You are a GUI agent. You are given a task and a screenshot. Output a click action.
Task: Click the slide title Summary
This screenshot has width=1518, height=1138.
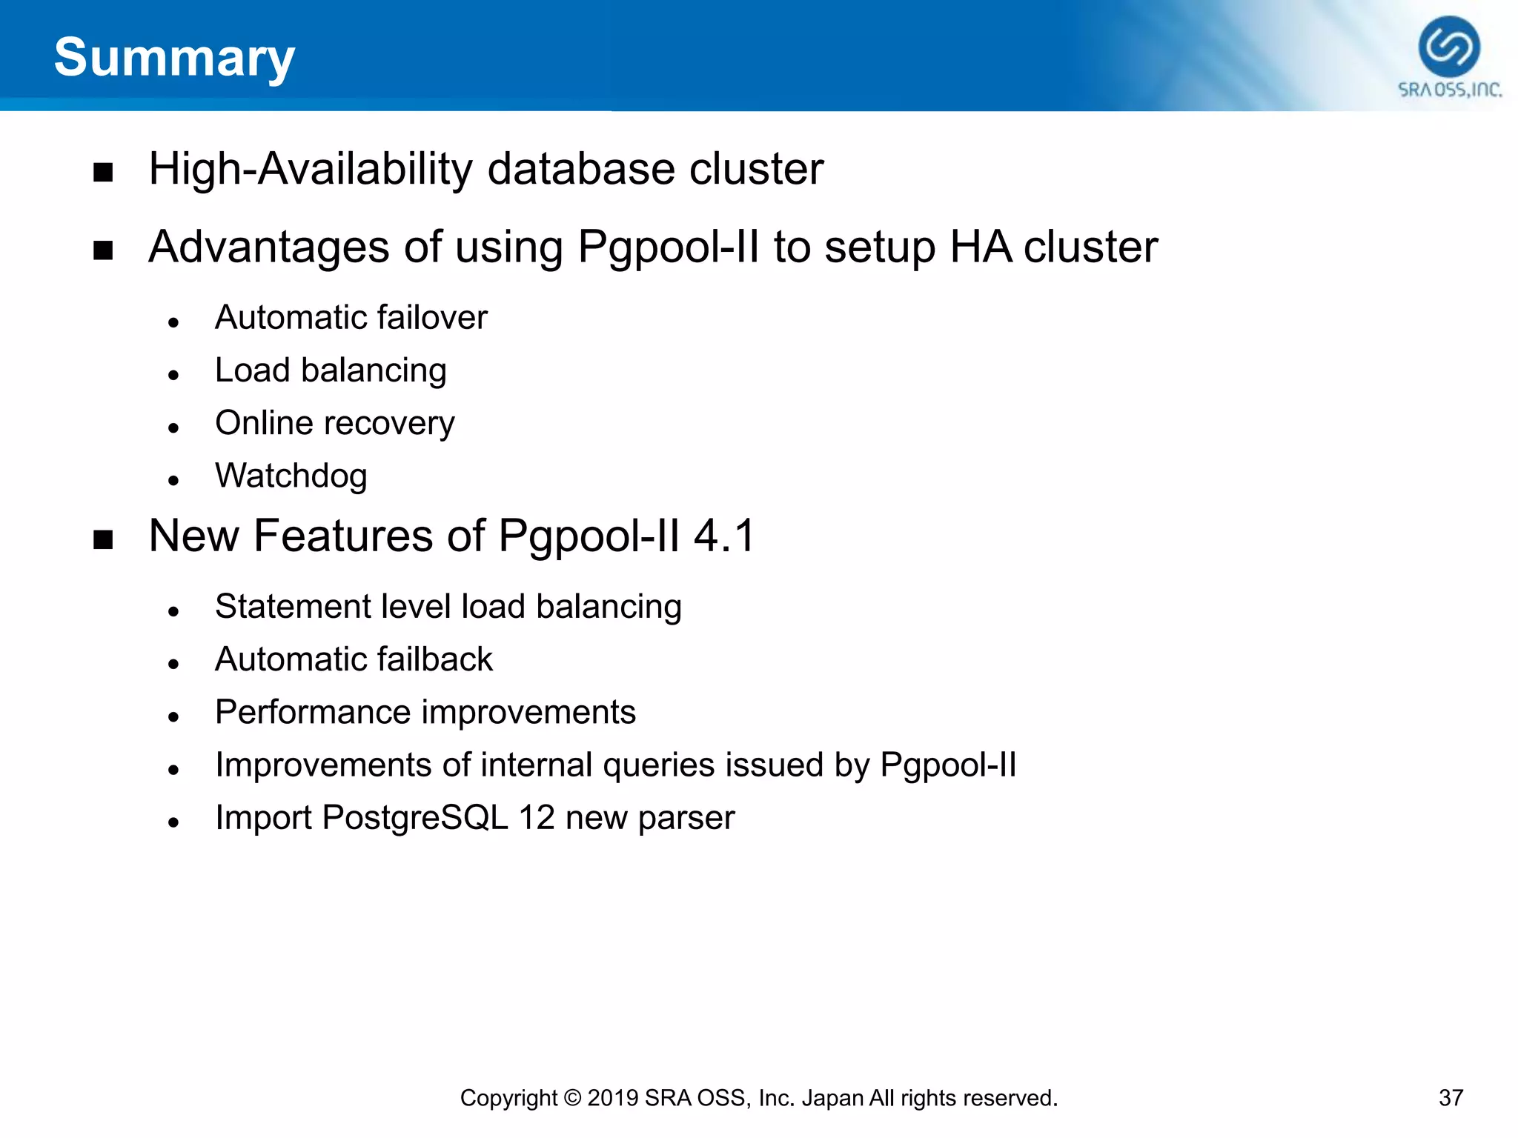pyautogui.click(x=174, y=58)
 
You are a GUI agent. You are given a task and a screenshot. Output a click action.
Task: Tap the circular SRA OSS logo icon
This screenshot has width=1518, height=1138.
pyautogui.click(x=1449, y=47)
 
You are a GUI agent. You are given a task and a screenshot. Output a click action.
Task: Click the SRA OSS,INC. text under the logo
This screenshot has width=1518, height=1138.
pyautogui.click(x=1450, y=90)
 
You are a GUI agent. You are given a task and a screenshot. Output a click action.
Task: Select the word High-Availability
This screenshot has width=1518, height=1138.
pyautogui.click(x=310, y=170)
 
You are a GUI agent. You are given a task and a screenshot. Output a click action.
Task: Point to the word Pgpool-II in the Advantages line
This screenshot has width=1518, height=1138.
pyautogui.click(x=668, y=247)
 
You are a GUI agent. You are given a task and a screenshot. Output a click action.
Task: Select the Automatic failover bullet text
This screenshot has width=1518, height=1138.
pyautogui.click(x=351, y=318)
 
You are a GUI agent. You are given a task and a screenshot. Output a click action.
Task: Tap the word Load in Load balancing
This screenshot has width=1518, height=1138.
pyautogui.click(x=252, y=370)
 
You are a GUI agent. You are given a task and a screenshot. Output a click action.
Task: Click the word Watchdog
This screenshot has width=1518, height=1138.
pyautogui.click(x=291, y=476)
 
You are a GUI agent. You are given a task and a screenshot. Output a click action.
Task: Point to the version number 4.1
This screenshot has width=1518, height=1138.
pyautogui.click(x=724, y=536)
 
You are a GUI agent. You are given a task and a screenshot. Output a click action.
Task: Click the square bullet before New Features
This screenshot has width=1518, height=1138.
pyautogui.click(x=103, y=539)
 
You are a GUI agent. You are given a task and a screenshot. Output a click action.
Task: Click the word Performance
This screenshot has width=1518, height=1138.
pyautogui.click(x=312, y=713)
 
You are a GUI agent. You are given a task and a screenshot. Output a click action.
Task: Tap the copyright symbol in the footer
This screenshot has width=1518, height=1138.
pyautogui.click(x=572, y=1098)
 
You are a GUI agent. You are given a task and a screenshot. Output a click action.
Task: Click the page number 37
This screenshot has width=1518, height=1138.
pyautogui.click(x=1451, y=1098)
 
